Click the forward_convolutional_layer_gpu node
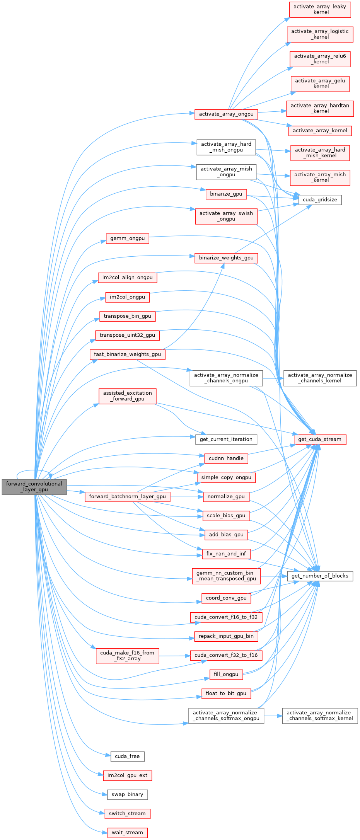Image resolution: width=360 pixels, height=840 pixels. (x=34, y=487)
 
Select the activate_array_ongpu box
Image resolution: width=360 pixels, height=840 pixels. (x=226, y=114)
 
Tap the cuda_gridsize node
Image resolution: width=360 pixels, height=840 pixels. (x=320, y=200)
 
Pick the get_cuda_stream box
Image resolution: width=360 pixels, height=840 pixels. (x=320, y=440)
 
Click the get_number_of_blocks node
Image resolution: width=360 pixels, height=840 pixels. (x=320, y=576)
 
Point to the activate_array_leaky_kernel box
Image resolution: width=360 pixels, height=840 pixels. (x=320, y=10)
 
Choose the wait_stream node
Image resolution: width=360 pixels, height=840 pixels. (x=127, y=833)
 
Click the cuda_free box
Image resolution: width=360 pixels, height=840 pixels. (x=127, y=757)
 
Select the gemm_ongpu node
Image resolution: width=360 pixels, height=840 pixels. (x=127, y=239)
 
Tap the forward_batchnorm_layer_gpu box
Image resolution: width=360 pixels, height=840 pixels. (x=127, y=497)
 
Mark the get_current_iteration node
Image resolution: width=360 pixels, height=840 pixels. (x=226, y=440)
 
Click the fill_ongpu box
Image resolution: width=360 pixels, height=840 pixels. (x=226, y=675)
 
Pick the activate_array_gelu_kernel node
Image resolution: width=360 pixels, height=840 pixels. (x=320, y=84)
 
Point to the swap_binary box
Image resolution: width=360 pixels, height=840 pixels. (x=127, y=794)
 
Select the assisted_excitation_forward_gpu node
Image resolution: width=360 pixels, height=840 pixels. (x=127, y=396)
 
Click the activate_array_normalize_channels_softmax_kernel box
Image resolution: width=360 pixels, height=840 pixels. (x=320, y=716)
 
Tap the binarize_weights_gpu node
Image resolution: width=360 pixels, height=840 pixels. (x=226, y=258)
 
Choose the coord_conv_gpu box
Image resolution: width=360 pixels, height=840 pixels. (x=226, y=598)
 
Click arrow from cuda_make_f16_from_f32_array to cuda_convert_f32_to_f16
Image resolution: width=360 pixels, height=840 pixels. (x=174, y=656)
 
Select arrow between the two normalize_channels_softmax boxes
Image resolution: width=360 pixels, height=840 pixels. (x=273, y=716)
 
